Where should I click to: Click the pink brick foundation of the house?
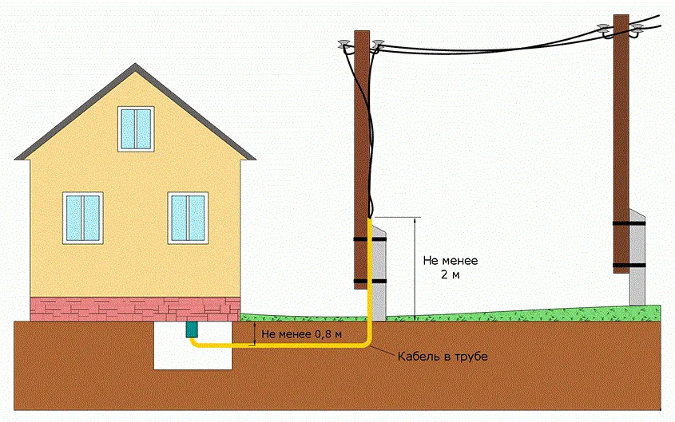tap(135, 307)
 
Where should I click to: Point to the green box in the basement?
tap(192, 328)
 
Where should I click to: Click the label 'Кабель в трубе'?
tap(442, 356)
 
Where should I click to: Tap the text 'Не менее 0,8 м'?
tap(301, 333)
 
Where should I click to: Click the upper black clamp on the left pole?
tap(370, 239)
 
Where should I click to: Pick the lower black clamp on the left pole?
tap(370, 281)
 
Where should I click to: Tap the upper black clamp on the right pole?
tap(629, 223)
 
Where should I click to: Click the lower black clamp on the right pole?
tap(629, 264)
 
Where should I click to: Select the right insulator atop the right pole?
tap(637, 30)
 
